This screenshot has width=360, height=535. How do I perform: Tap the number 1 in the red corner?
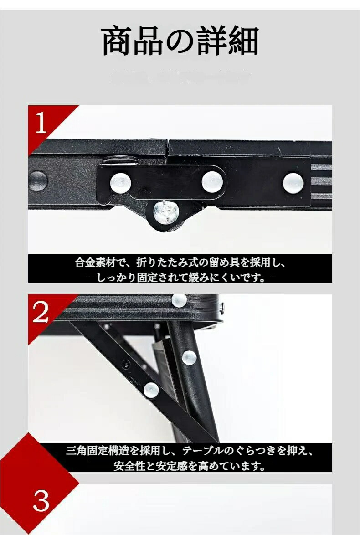pos(41,123)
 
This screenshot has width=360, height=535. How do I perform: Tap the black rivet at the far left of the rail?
pos(37,181)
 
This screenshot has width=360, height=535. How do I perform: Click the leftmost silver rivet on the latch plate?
pos(120,183)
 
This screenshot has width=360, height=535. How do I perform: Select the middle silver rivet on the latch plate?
pos(212,182)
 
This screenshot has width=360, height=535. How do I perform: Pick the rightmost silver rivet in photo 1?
pos(293,183)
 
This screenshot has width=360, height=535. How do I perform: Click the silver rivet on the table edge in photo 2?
pos(179,300)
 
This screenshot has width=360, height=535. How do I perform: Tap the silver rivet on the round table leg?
pos(190,358)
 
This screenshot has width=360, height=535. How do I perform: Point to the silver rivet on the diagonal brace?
pos(151,390)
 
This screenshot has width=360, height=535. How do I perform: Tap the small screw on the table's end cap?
pos(222,308)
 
